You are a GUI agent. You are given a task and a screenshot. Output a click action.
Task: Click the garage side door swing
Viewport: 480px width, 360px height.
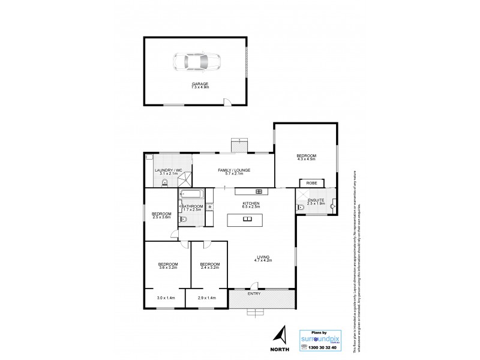tap(226, 103)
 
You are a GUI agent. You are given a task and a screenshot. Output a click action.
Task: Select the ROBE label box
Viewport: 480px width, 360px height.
tap(311, 182)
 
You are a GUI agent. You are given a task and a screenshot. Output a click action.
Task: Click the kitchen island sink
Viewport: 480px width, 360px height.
tap(247, 218)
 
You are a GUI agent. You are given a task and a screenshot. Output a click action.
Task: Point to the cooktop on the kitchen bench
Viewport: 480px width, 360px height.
tap(259, 191)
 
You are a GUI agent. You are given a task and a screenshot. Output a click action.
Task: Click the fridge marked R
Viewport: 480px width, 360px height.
tap(209, 208)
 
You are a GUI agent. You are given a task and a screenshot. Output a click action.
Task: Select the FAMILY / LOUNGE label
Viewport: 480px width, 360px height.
tap(233, 170)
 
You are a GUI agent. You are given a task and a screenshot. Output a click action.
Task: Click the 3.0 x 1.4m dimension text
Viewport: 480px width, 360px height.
tap(166, 298)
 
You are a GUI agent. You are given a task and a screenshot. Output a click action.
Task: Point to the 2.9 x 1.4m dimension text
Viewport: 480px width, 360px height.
tap(206, 298)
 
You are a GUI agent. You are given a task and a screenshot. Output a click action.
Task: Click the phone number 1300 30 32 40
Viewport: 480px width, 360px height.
tap(324, 347)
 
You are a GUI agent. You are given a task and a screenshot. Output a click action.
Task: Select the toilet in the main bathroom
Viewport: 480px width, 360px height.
tap(184, 220)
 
